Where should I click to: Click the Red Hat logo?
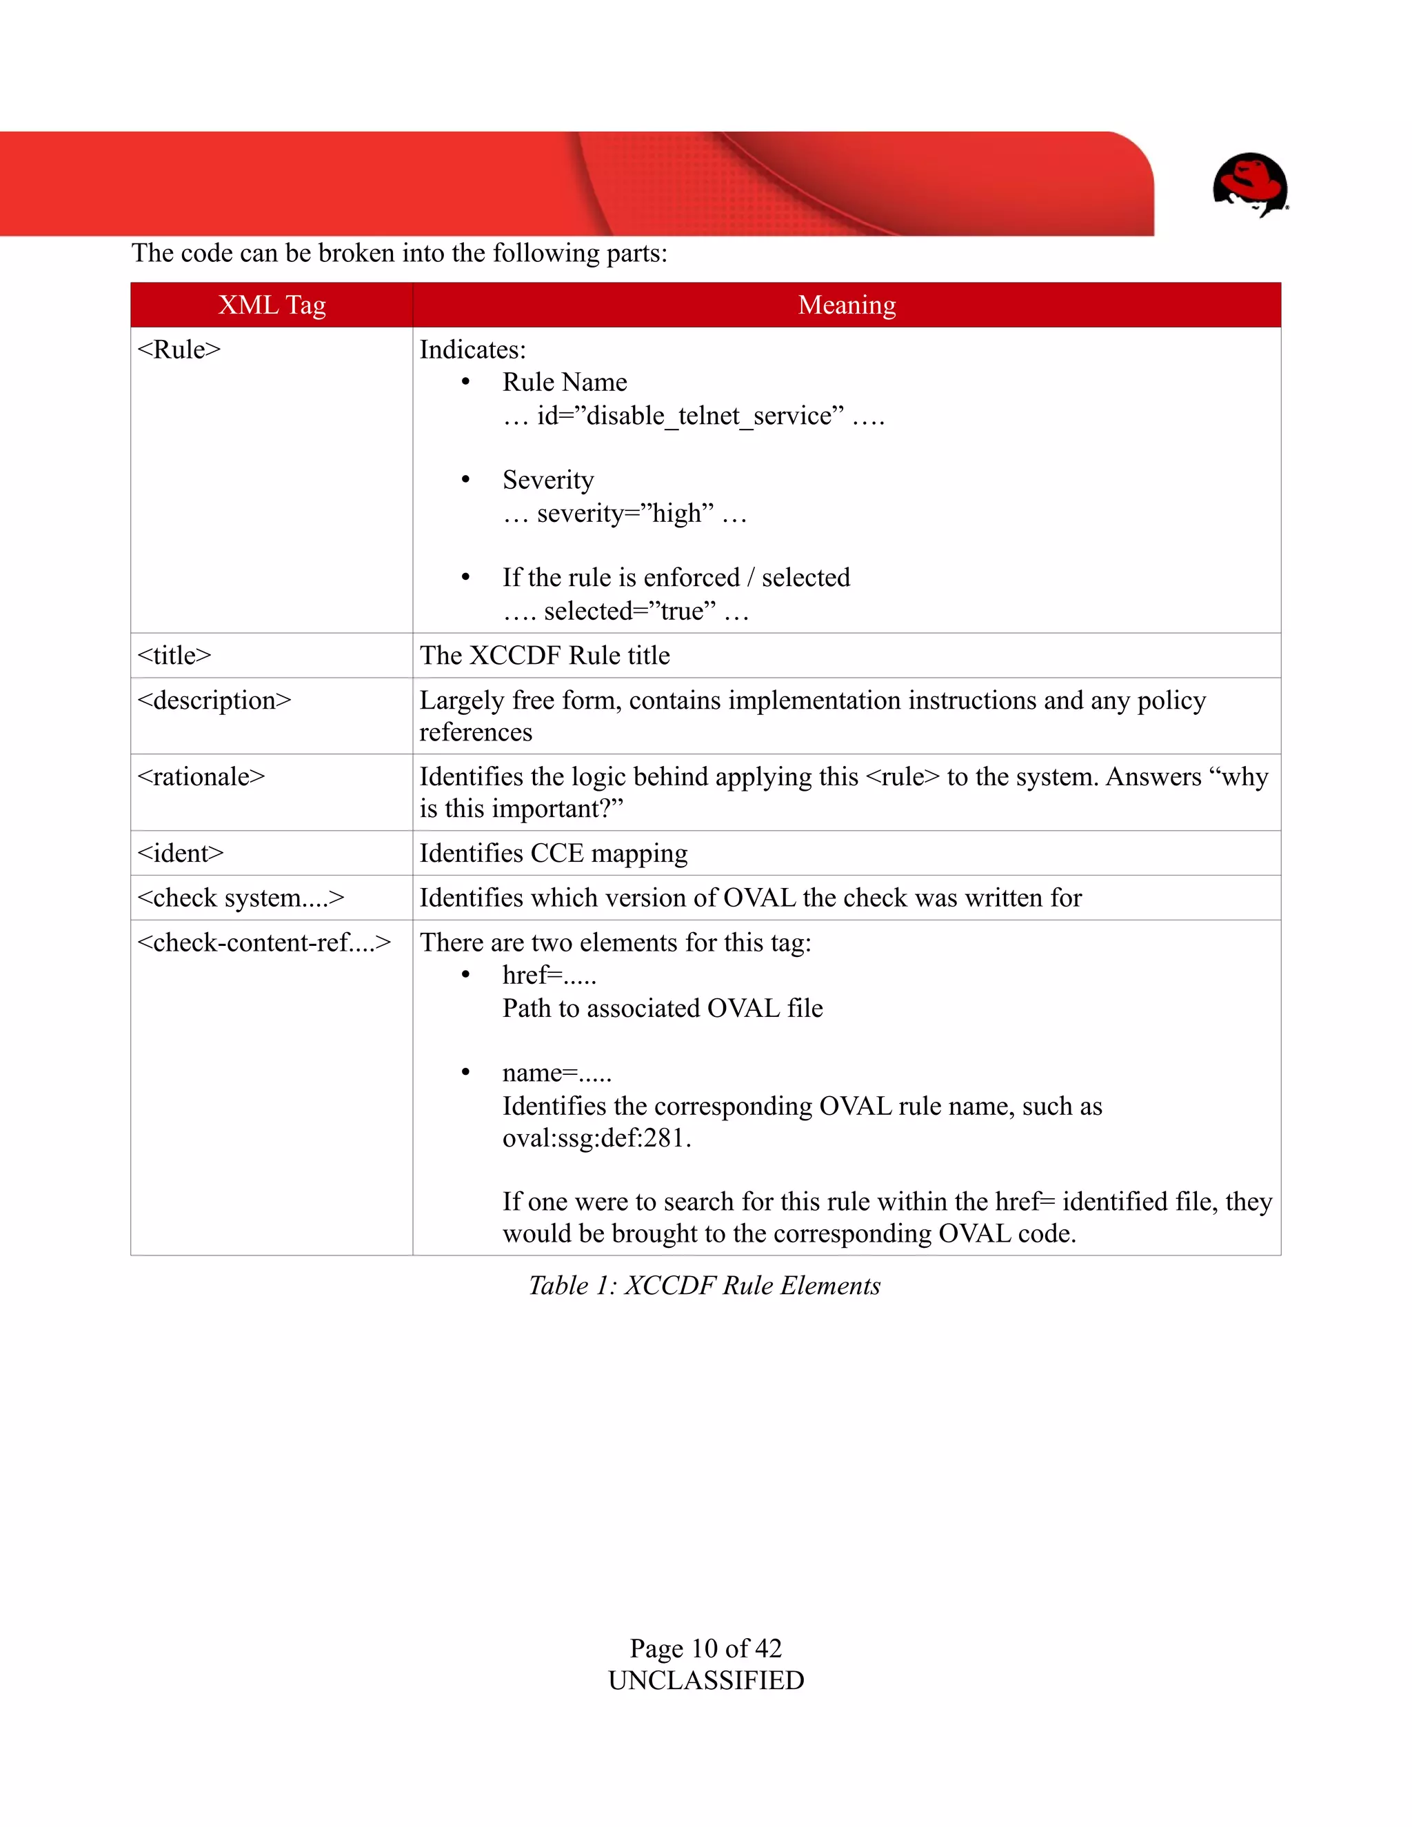tap(1250, 184)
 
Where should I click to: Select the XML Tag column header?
tap(272, 305)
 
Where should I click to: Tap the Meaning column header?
tap(847, 305)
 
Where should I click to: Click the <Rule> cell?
tap(179, 350)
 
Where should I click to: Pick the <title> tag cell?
tap(174, 655)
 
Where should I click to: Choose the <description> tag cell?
tap(214, 700)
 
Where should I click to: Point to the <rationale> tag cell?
tap(201, 776)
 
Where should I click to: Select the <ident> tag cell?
tap(181, 854)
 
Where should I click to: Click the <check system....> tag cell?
tap(241, 898)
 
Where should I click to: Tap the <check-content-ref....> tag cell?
tap(264, 942)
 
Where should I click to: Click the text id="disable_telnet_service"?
tap(690, 416)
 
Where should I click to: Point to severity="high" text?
tap(626, 513)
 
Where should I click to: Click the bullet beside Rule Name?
tap(466, 383)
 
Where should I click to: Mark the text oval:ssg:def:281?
tap(596, 1138)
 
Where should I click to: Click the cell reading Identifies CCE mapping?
tap(554, 854)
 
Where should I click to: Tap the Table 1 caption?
tap(705, 1286)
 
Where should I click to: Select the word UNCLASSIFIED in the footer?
tap(706, 1681)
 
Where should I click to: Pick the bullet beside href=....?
tap(466, 976)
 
